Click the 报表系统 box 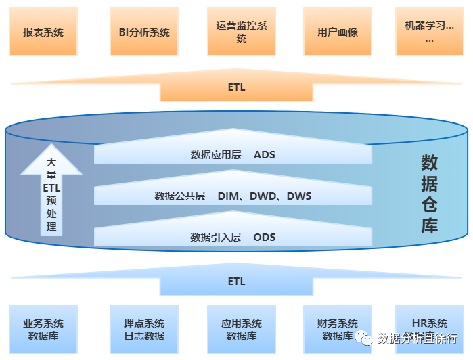[x=43, y=32]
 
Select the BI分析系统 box [x=144, y=32]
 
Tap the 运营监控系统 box [x=242, y=32]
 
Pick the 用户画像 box [x=338, y=32]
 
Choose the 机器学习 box [x=430, y=32]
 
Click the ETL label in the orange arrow [x=237, y=87]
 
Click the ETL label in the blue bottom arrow [x=237, y=282]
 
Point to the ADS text [x=265, y=154]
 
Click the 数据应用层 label [x=216, y=154]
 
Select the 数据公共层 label [x=180, y=196]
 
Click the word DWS [x=299, y=196]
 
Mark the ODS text [x=265, y=238]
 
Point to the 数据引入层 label [x=216, y=238]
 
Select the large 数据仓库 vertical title [x=430, y=194]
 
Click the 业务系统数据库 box [x=43, y=330]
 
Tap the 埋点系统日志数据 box [x=144, y=330]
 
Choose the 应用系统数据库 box [x=242, y=330]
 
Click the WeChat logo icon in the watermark [x=363, y=338]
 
